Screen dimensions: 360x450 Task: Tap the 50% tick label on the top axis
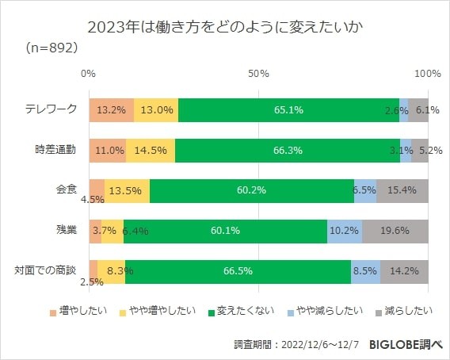[x=258, y=73]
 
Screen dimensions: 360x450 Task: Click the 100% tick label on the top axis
[x=427, y=73]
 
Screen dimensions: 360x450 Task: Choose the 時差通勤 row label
[x=56, y=150]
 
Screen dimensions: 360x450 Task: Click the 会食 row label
[x=66, y=190]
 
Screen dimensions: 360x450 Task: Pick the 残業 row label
[x=66, y=230]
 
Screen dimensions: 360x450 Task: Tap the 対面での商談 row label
[x=46, y=270]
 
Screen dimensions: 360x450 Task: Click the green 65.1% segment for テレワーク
[x=288, y=110]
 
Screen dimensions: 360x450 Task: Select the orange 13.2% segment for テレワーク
[x=111, y=110]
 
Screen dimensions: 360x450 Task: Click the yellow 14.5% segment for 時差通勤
[x=151, y=150]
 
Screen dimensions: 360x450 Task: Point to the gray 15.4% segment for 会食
[x=402, y=190]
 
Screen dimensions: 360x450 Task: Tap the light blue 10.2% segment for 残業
[x=344, y=231]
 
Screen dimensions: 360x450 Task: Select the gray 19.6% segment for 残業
[x=395, y=231]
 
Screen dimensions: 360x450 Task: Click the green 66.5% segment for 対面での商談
[x=238, y=271]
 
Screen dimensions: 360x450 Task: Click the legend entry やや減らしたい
[x=321, y=310]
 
